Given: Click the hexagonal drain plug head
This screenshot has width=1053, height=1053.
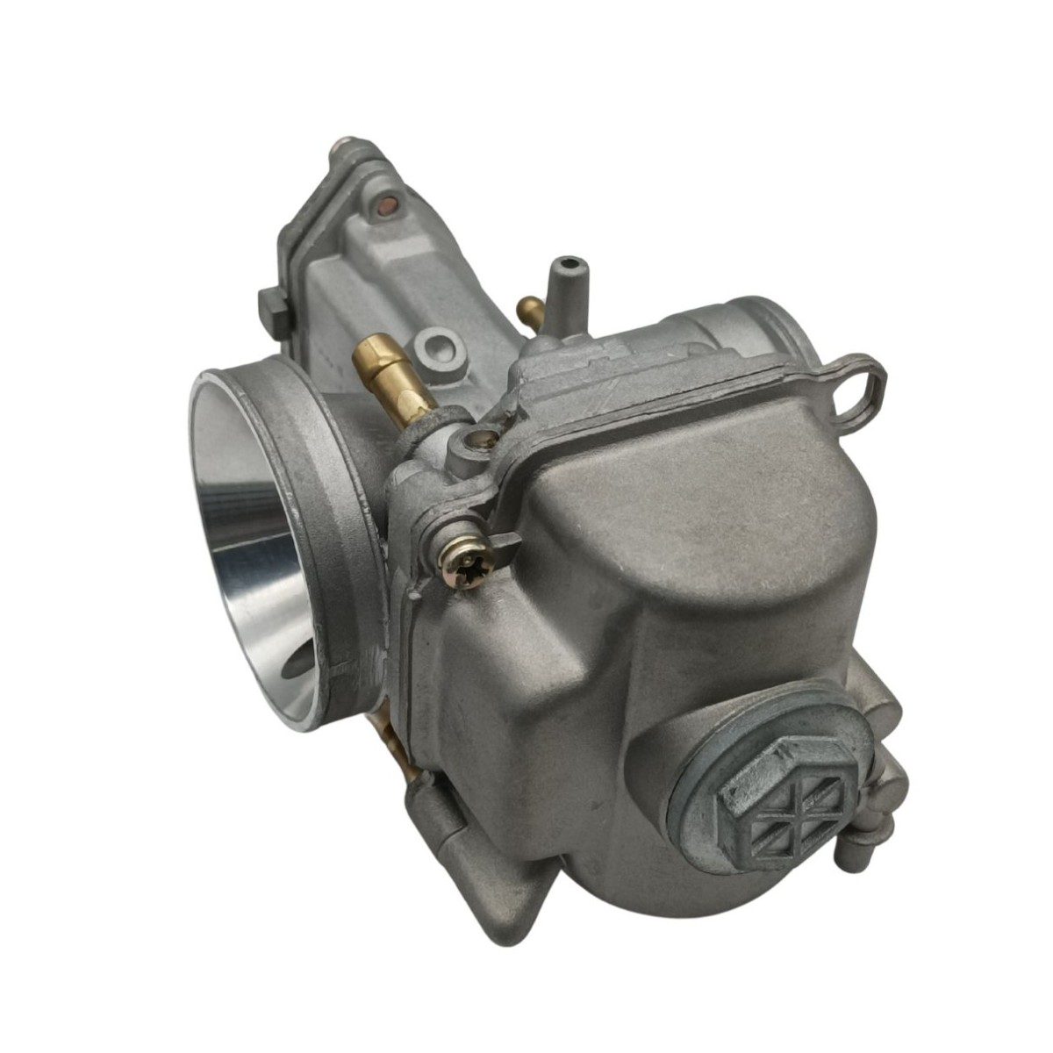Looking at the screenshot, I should pyautogui.click(x=770, y=799).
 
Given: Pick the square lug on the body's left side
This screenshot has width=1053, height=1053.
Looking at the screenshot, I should pyautogui.click(x=275, y=308).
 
